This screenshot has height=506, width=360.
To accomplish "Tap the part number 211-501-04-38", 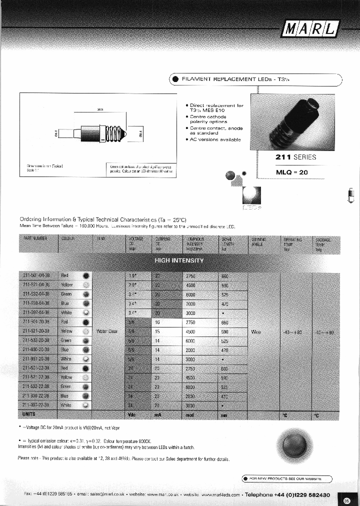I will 36,275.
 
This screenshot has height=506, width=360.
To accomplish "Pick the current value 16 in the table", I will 157,322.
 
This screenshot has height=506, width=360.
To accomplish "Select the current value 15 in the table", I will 157,331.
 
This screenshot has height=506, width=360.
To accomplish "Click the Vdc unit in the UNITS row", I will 132,414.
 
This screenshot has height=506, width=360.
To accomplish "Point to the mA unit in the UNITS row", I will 157,414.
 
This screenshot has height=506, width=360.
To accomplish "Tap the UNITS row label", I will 29,414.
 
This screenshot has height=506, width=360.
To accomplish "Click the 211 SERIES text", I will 296,157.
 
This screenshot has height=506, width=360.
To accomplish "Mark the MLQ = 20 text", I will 293,172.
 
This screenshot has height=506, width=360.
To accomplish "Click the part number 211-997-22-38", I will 36,405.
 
